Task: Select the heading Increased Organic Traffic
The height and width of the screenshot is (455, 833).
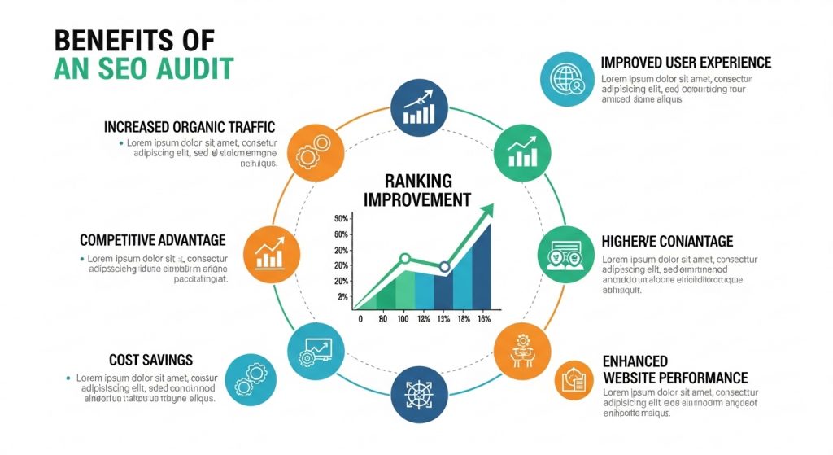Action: (190, 127)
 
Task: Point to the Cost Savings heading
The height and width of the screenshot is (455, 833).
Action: (150, 359)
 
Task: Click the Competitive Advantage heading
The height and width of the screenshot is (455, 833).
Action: (152, 240)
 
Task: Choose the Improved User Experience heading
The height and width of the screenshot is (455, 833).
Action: (686, 63)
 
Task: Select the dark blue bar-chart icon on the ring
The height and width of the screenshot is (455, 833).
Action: (418, 107)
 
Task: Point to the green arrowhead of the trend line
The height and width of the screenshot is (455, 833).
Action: (486, 212)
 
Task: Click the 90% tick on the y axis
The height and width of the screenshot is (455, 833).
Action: (341, 219)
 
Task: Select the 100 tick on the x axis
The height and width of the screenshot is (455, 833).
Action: (402, 319)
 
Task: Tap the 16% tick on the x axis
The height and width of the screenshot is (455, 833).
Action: (483, 319)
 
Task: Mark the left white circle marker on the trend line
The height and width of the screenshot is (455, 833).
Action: (405, 259)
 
